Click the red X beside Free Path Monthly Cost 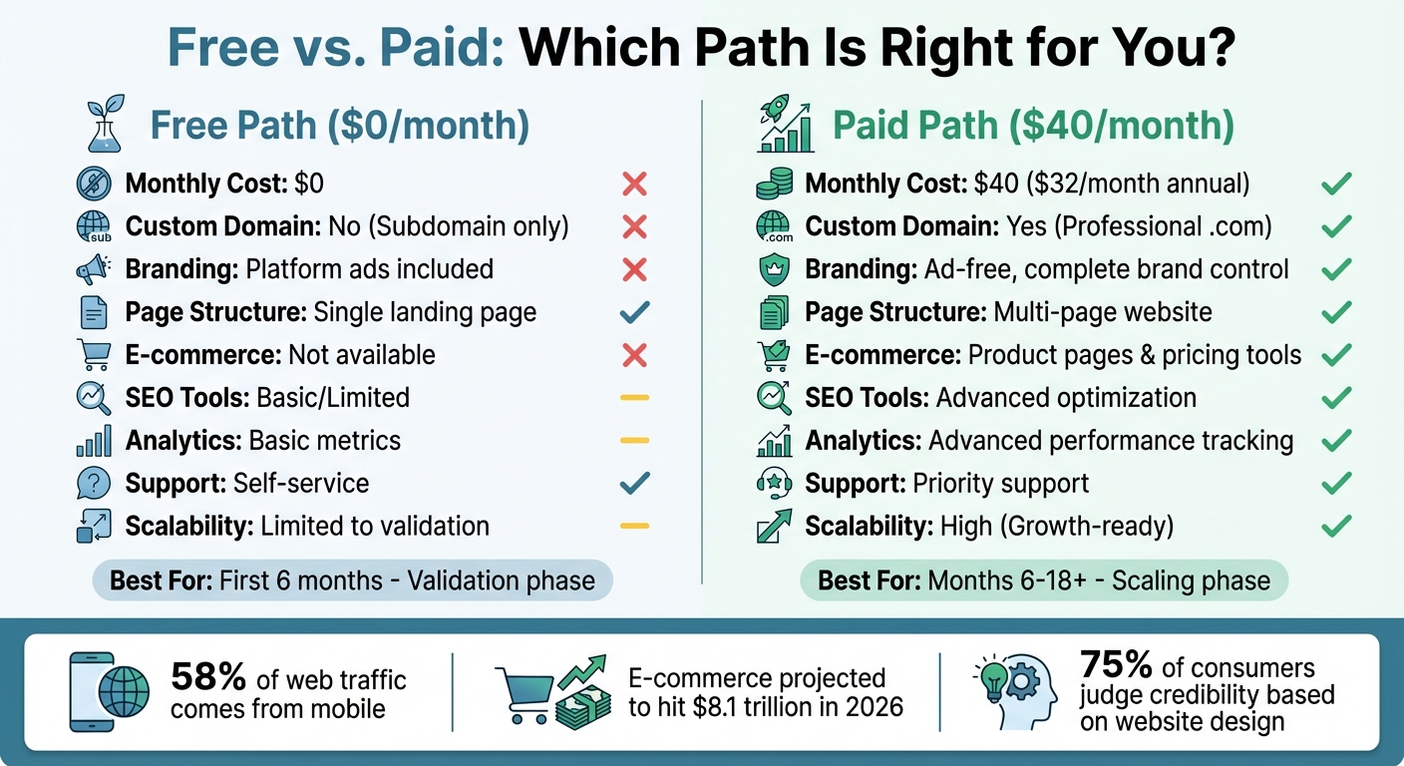tap(634, 184)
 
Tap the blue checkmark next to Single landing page tap(634, 312)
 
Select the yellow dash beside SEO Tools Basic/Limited tap(634, 398)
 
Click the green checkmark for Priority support tap(1335, 484)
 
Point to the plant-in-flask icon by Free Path tap(105, 127)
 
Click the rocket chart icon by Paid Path tap(785, 127)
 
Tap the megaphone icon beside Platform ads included tap(94, 269)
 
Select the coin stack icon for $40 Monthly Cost tap(774, 184)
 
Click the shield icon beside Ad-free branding tap(774, 269)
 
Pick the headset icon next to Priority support tap(774, 484)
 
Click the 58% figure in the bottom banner tap(208, 678)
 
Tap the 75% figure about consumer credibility tap(1116, 664)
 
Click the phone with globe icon tap(110, 691)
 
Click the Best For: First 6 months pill tap(352, 579)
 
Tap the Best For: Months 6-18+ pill tap(1043, 579)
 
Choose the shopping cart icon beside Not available tap(94, 355)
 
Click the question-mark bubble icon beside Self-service tap(94, 484)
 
